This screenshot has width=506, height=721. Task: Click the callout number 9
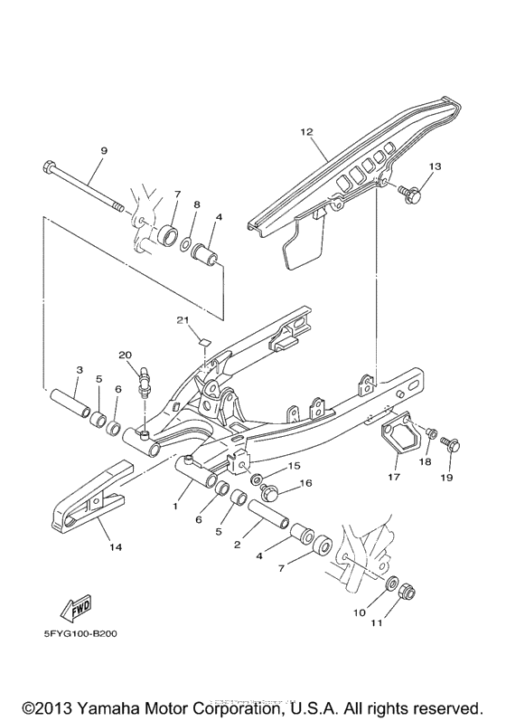(x=103, y=150)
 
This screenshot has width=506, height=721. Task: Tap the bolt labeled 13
(x=412, y=192)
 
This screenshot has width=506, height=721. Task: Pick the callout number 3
(x=79, y=370)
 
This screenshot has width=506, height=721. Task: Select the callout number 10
(x=360, y=612)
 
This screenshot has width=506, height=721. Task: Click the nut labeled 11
(x=407, y=595)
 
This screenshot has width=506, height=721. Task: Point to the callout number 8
(x=197, y=205)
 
